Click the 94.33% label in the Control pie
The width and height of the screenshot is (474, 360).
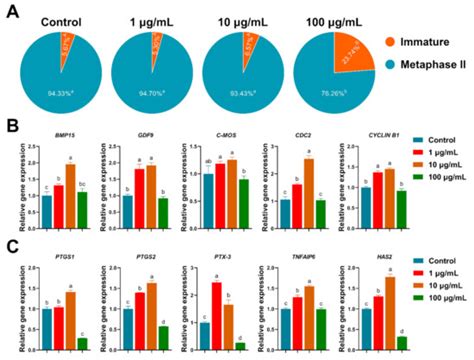(62, 95)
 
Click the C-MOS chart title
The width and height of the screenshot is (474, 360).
(227, 145)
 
